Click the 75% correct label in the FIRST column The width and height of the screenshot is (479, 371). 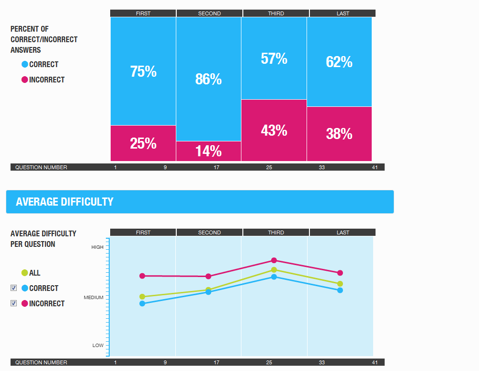[x=143, y=71]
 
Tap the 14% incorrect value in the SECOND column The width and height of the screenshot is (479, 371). [x=208, y=151]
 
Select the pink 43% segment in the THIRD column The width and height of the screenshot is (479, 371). [x=274, y=130]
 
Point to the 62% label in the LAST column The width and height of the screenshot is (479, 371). [x=339, y=62]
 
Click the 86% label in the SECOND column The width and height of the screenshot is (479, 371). [x=208, y=79]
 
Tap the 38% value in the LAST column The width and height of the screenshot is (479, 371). [x=339, y=134]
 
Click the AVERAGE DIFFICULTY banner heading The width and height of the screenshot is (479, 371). [x=65, y=202]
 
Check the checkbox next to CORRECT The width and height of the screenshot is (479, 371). [x=14, y=288]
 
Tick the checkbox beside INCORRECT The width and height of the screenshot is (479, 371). [x=14, y=303]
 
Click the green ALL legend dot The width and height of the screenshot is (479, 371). [x=25, y=273]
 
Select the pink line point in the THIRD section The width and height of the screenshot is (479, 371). [x=274, y=260]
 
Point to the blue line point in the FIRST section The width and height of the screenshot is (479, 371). [x=142, y=303]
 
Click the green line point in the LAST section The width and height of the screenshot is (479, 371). [x=340, y=284]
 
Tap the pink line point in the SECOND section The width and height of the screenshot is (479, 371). [x=208, y=276]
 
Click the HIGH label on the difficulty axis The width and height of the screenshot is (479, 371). [x=97, y=247]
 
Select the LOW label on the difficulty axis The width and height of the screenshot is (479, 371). [x=98, y=346]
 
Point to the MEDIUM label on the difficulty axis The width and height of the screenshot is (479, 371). [x=93, y=298]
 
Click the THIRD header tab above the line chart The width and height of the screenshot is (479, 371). [x=276, y=232]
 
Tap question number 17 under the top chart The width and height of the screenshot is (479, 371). [x=217, y=167]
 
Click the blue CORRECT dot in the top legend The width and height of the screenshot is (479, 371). [x=25, y=64]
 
